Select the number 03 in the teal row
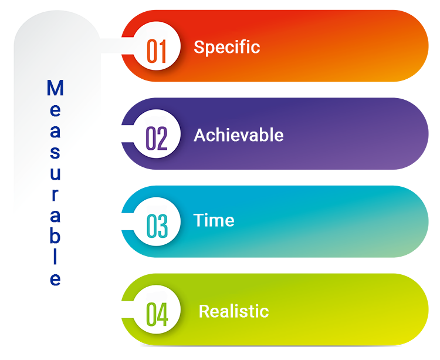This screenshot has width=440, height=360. click(157, 226)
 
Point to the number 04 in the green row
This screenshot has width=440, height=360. click(157, 314)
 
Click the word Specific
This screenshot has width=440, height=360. click(226, 47)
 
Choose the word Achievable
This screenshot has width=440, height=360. click(239, 135)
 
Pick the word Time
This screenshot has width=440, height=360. click(214, 220)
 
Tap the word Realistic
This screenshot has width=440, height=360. click(233, 311)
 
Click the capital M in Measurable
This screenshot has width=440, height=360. click(55, 89)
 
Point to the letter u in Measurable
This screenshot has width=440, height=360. click(55, 174)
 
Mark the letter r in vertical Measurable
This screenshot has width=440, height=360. click(55, 195)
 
